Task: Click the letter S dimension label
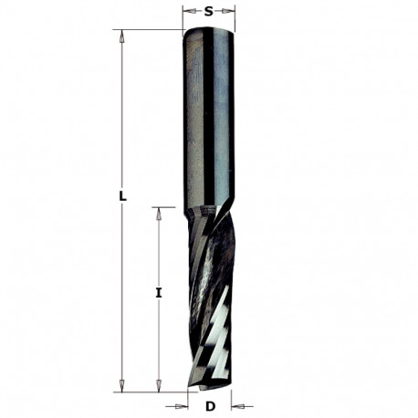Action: pos(209,11)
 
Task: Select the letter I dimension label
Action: pos(159,293)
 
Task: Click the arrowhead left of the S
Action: pos(186,12)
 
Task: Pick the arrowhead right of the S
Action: pos(231,12)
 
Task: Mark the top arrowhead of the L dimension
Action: pos(121,35)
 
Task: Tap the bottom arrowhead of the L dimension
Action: pos(121,387)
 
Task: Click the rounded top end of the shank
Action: pos(209,32)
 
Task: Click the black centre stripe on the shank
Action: pos(208,119)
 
